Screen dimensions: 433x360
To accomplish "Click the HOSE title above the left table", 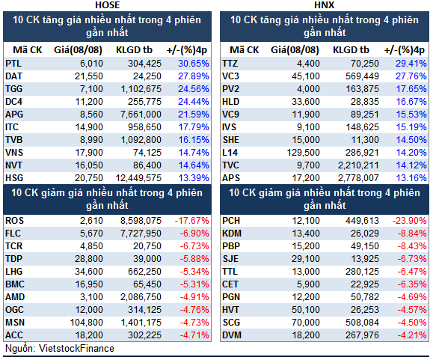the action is tap(108, 5).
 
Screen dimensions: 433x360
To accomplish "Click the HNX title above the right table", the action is tap(325, 5).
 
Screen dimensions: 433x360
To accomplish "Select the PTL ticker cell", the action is tap(13, 64).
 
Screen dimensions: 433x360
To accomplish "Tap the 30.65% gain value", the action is tap(194, 64).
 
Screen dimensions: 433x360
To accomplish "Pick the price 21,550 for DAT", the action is tap(89, 76).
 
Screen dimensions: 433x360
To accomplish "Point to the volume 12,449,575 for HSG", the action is tap(138, 178).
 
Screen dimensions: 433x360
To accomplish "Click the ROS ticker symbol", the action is tap(15, 221).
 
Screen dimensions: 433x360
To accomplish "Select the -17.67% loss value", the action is tap(192, 221).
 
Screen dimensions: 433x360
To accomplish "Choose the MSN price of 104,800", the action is tap(87, 323).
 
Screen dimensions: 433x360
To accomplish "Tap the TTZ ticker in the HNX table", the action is tap(230, 64).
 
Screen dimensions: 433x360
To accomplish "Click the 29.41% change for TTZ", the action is tap(411, 64).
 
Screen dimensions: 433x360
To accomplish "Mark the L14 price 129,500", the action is tap(303, 153).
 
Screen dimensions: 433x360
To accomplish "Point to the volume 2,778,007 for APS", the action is tap(358, 178).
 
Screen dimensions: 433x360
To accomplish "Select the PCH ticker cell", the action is tap(231, 221).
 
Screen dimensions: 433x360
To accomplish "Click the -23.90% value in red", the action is tap(410, 221).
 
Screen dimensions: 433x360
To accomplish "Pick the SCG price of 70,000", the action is tap(306, 323).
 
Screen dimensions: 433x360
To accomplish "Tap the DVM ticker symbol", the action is tap(232, 335).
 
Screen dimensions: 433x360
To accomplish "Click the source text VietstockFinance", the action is tap(76, 348).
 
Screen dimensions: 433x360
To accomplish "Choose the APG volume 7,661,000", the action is tap(141, 115).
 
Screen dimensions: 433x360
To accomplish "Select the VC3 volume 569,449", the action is tap(362, 76).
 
